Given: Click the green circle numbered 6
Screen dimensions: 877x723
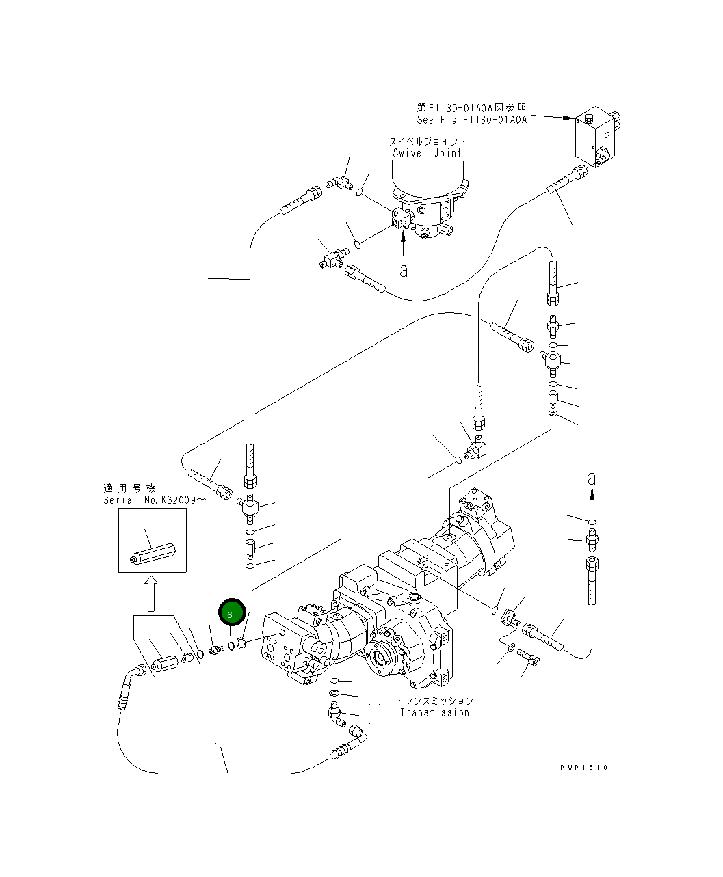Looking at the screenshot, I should click(231, 614).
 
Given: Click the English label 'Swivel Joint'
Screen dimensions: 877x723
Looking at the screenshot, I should click(428, 153).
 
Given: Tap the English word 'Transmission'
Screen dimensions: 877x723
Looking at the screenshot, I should click(434, 712).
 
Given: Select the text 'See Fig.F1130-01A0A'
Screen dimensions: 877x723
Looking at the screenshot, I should click(472, 120).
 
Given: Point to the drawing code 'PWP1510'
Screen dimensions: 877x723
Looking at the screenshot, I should click(583, 767).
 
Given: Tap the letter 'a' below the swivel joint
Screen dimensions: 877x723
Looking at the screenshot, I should click(404, 271).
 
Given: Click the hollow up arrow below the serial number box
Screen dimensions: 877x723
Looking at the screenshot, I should click(151, 592).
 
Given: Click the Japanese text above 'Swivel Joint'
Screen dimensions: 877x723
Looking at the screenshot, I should click(428, 141).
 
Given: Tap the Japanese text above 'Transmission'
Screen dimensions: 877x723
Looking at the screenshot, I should click(434, 701).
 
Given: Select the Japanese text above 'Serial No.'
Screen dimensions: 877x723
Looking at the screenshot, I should click(130, 488).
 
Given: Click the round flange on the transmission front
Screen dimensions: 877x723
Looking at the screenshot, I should click(381, 662).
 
